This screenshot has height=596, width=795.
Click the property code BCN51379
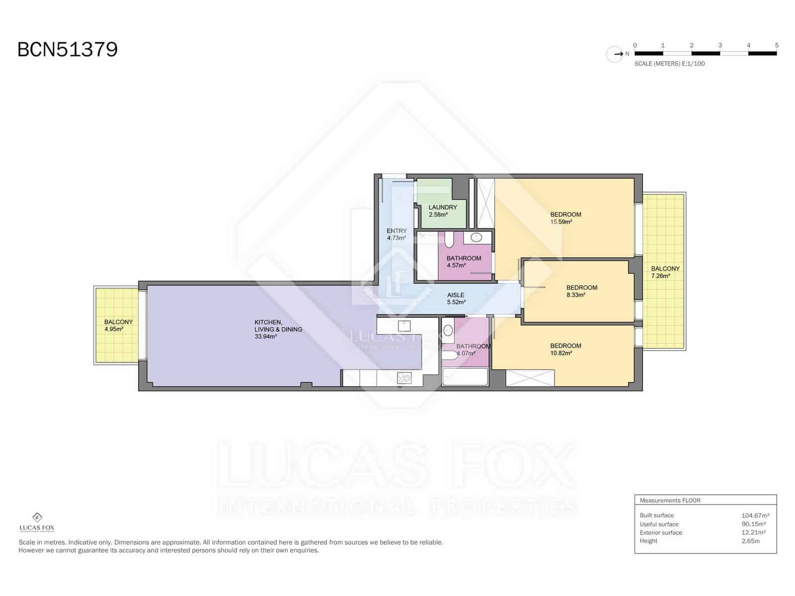tap(68, 50)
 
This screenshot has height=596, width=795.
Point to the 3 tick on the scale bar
tap(720, 45)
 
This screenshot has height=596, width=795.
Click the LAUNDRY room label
tap(443, 207)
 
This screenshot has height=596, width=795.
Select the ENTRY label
tap(397, 231)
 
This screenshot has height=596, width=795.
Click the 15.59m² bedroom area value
tap(561, 222)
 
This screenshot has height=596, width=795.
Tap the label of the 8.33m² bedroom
tap(582, 288)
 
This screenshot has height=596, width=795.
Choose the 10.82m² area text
tap(561, 353)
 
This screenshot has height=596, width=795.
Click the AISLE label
tap(456, 296)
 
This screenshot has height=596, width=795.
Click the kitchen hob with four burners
tap(404, 378)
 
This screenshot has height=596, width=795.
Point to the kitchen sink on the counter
tap(404, 326)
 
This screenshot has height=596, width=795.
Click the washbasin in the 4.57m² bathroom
tap(477, 237)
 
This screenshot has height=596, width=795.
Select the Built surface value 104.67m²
tap(755, 516)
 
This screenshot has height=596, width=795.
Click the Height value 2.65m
tap(750, 541)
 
